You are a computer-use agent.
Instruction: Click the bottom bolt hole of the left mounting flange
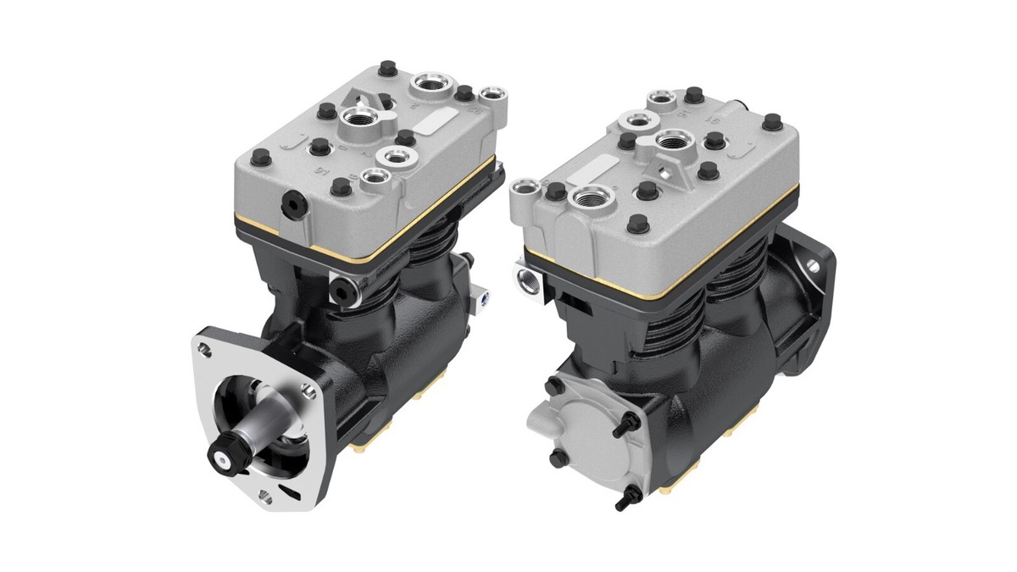pyautogui.click(x=265, y=497)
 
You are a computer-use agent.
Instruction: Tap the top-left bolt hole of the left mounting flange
pyautogui.click(x=204, y=346)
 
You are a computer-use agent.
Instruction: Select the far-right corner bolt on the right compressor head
pyautogui.click(x=771, y=123)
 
